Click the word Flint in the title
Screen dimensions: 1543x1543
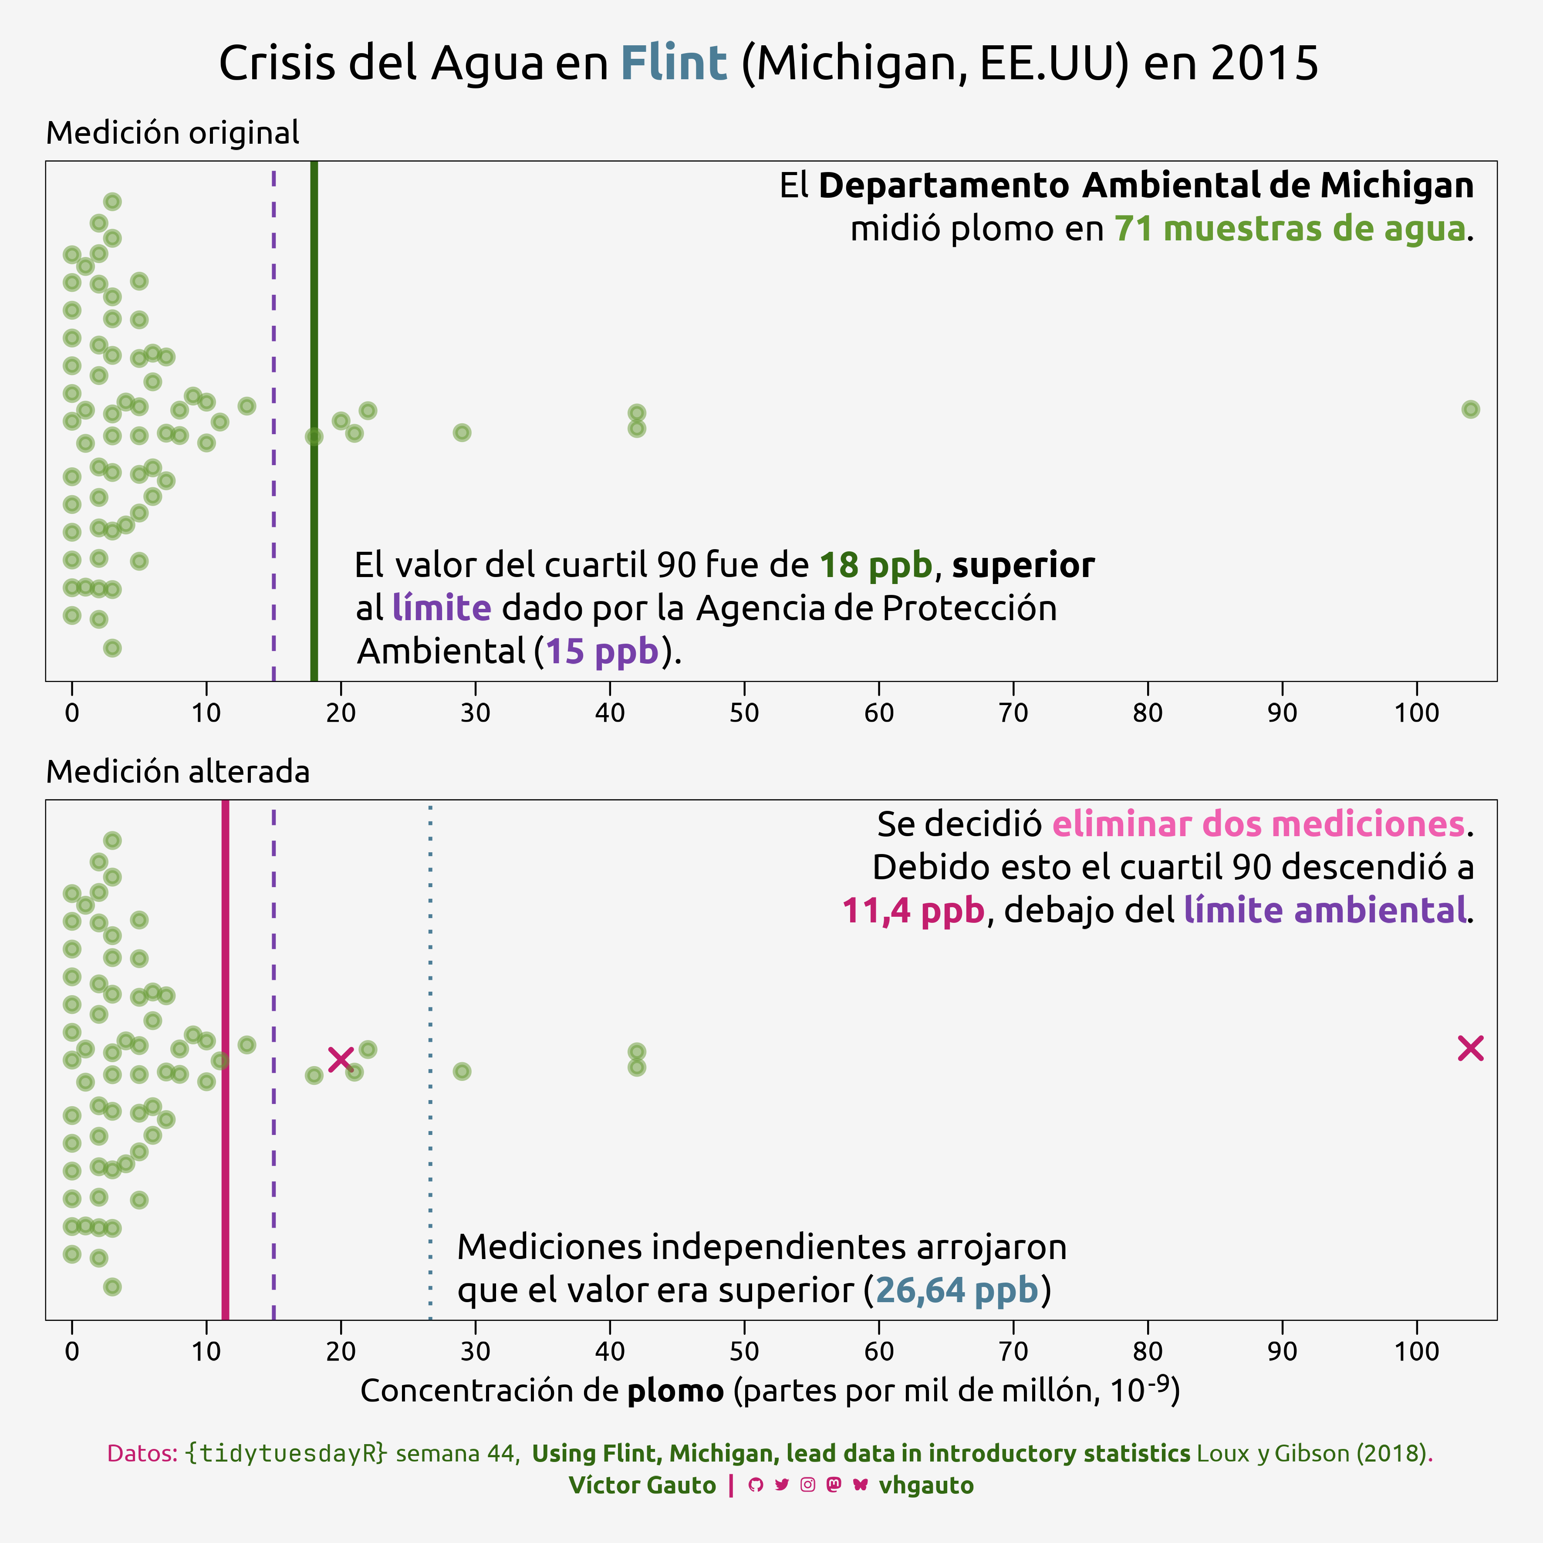coord(673,64)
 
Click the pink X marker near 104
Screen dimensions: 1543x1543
coord(1470,1049)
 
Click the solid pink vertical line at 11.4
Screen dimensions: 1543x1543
coord(225,1198)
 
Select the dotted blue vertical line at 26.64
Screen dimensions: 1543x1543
coord(430,959)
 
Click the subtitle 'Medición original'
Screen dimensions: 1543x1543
coord(172,132)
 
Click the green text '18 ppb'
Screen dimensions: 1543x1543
coord(875,565)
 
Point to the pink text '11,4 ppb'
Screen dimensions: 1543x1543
coord(913,911)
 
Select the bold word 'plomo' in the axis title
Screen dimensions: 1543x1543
coord(675,1391)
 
